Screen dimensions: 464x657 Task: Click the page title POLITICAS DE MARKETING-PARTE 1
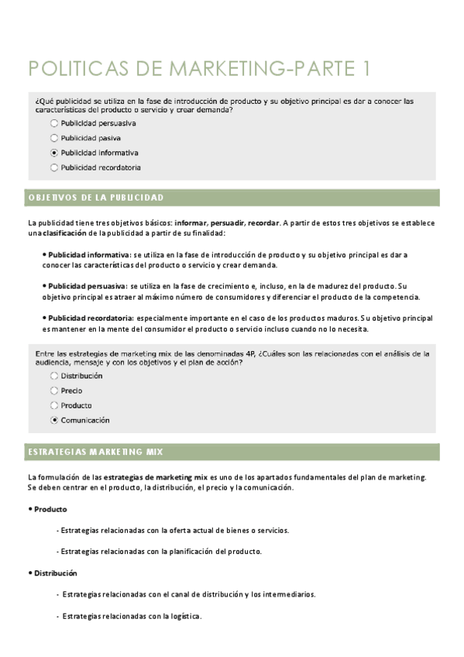(198, 69)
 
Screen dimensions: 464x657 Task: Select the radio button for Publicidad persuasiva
(53, 122)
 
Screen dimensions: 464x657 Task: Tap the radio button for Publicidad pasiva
(53, 137)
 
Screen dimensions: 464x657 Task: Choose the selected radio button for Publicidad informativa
(53, 153)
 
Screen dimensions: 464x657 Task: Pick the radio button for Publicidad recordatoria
(53, 167)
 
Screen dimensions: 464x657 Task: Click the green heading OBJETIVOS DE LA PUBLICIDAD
(95, 198)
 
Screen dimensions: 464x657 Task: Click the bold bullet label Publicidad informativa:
(89, 253)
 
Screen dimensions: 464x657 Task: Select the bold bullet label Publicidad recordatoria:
(91, 318)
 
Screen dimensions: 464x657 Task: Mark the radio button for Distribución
(53, 376)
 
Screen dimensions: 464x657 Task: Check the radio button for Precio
(53, 390)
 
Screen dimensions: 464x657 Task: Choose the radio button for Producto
(53, 405)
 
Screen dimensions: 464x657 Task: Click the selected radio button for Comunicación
(53, 420)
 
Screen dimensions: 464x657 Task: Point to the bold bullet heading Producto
(50, 509)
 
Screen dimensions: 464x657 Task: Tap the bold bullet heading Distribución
(54, 573)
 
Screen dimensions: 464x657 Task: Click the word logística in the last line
(186, 617)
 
